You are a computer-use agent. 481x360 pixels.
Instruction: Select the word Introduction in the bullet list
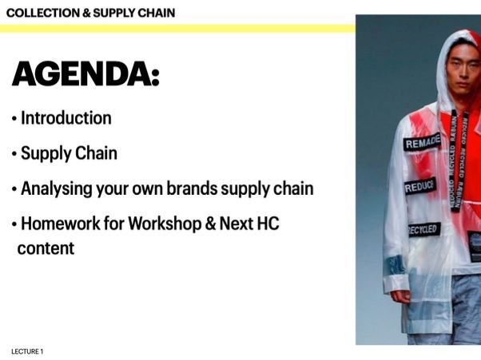(66, 118)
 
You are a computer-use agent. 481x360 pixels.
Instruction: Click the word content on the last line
(46, 248)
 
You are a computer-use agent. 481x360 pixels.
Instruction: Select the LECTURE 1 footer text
(27, 351)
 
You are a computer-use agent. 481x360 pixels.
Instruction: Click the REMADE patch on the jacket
(421, 144)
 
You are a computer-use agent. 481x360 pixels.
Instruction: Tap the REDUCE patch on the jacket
(419, 187)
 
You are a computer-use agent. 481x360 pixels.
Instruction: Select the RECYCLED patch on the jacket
(423, 230)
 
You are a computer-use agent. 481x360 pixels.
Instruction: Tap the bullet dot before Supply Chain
(14, 154)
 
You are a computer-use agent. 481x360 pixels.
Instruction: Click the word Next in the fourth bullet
(235, 224)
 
